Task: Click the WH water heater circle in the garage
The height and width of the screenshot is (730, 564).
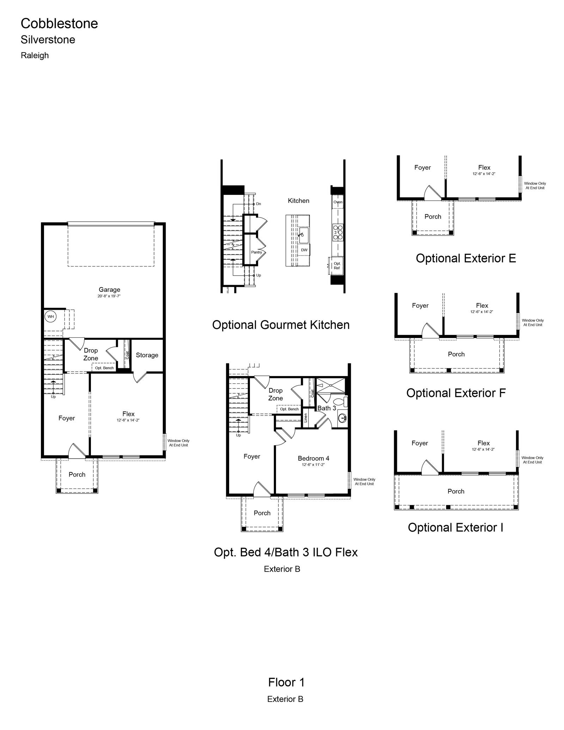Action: coord(51,317)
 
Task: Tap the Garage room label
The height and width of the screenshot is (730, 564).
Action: coord(109,290)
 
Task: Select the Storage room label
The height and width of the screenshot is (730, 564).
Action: coord(147,355)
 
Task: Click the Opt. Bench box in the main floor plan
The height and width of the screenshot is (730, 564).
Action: coord(104,368)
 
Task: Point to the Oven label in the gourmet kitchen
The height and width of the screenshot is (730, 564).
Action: coord(338,202)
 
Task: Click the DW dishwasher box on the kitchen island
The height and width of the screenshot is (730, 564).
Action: coord(304,250)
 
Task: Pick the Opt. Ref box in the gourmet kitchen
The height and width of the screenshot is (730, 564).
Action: coord(337,265)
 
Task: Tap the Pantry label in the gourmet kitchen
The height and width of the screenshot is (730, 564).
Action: coord(256,252)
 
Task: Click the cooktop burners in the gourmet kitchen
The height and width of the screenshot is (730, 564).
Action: coord(338,233)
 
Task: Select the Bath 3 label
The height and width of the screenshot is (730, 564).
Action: coord(327,408)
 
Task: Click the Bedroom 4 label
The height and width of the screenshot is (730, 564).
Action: coord(313,458)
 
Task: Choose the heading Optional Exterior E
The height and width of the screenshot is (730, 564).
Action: coord(466,258)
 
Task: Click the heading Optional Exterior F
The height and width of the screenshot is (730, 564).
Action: coord(456,393)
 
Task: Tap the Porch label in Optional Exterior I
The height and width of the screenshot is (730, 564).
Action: coord(456,491)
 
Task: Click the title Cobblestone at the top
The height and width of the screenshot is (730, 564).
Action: coord(59,23)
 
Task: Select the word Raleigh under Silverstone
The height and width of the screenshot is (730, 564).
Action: coord(35,55)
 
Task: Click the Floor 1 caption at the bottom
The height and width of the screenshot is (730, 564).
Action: coord(286,682)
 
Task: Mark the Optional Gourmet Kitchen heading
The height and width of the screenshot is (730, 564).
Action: coord(281,325)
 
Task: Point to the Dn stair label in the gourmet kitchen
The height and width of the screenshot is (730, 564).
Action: coord(258,204)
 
